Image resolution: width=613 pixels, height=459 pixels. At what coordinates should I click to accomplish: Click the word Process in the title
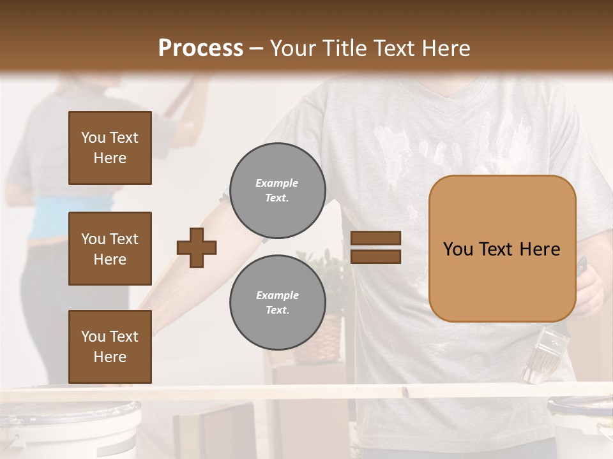201,48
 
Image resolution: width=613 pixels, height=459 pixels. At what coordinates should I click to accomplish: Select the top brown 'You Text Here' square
110,148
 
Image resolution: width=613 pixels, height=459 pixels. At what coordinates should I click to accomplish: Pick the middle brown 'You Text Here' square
110,249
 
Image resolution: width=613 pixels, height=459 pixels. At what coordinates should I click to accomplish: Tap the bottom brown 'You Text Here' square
110,347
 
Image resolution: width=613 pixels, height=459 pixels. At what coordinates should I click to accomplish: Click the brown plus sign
197,247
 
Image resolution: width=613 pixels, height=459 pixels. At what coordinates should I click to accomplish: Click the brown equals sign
376,247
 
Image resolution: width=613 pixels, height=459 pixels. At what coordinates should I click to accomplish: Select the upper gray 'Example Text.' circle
277,191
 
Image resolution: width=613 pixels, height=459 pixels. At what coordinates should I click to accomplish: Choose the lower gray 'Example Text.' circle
277,303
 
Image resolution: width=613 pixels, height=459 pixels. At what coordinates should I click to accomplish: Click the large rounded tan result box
502,249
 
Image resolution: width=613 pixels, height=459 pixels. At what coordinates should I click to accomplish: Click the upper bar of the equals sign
376,238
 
